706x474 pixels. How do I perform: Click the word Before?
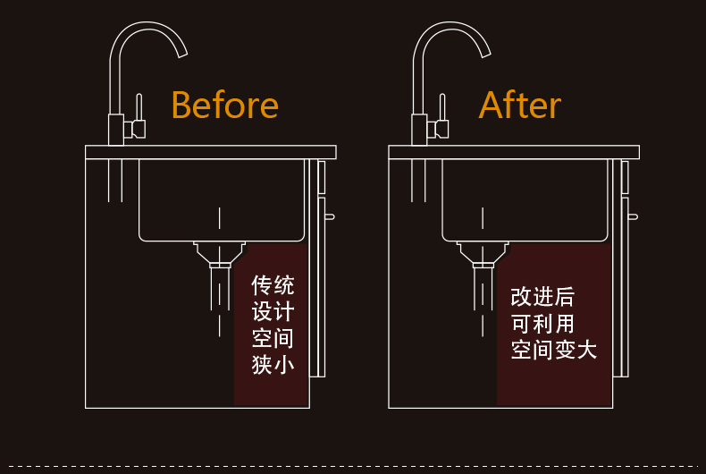pos(224,106)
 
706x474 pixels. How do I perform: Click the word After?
pos(519,106)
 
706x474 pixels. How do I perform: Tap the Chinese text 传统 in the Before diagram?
pos(273,286)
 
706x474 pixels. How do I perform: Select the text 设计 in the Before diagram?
pos(273,312)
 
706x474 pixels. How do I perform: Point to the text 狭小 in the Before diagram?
pos(273,365)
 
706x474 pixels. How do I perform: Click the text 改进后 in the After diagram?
pos(542,297)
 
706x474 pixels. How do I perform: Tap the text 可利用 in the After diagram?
pos(542,323)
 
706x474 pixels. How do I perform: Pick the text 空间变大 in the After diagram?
pos(554,350)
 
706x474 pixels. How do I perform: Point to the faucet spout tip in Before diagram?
pos(182,53)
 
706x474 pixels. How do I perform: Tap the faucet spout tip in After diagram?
pos(486,53)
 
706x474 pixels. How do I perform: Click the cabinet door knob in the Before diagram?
pos(330,216)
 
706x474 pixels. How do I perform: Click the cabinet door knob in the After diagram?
pos(633,216)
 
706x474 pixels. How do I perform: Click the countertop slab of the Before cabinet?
pos(210,152)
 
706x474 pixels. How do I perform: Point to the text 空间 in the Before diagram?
pos(273,339)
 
